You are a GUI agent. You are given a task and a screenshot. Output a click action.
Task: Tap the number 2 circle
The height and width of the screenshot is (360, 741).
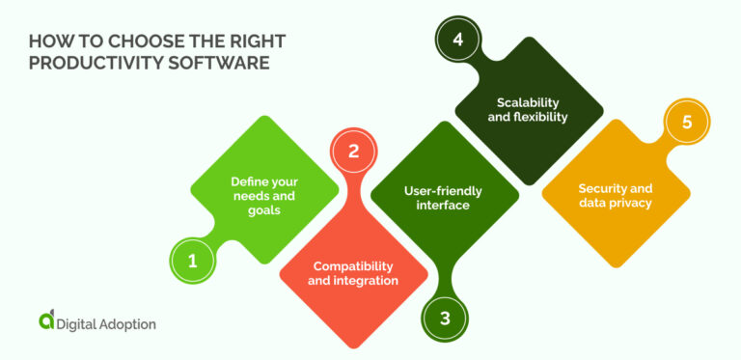pyautogui.click(x=353, y=152)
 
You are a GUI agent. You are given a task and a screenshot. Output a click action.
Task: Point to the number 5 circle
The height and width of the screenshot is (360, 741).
pyautogui.click(x=686, y=124)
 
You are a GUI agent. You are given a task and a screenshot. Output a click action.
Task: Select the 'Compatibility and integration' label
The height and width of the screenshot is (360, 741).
pyautogui.click(x=353, y=272)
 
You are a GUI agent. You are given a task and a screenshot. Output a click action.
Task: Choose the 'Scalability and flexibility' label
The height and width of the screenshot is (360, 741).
pyautogui.click(x=532, y=109)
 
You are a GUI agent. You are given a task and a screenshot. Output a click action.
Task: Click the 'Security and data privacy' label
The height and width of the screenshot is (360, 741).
pyautogui.click(x=615, y=195)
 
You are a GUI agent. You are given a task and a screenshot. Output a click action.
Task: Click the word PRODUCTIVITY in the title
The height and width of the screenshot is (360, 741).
pyautogui.click(x=91, y=64)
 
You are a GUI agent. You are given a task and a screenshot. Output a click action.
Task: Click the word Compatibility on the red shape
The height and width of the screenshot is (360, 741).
pyautogui.click(x=353, y=264)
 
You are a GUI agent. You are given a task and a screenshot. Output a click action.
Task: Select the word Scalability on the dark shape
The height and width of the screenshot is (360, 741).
pyautogui.click(x=532, y=101)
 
